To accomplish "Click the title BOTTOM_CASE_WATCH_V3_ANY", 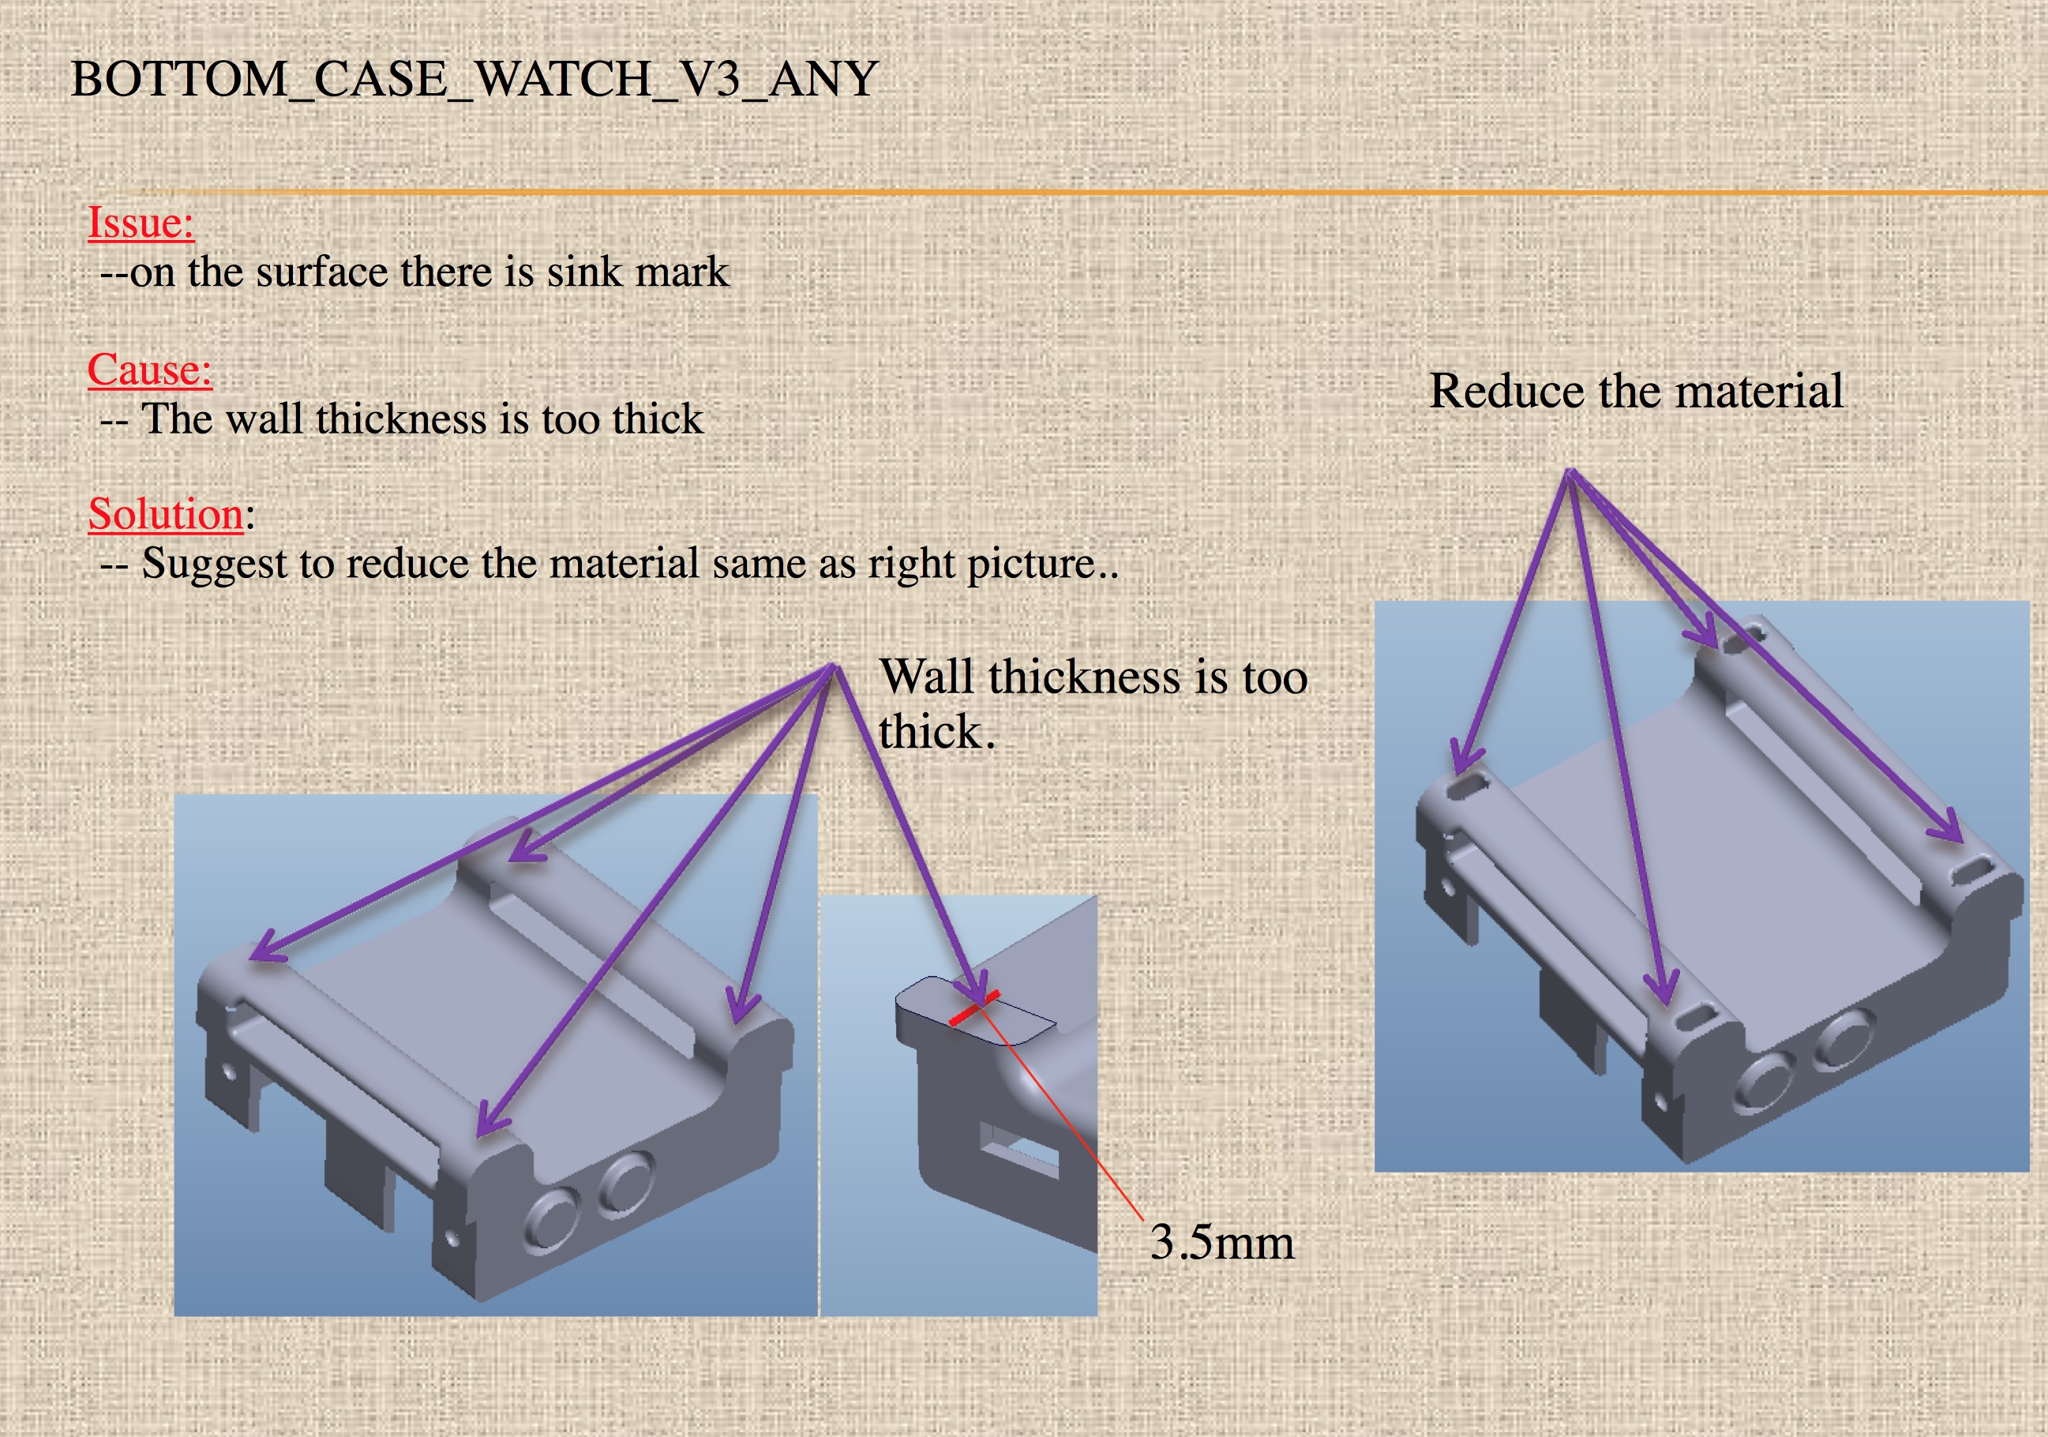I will pos(474,80).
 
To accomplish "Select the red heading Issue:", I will pos(140,222).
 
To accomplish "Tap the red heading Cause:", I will pos(149,370).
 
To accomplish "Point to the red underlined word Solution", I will pos(165,515).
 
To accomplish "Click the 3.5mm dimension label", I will pos(1221,1243).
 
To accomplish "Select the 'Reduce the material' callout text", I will pos(1636,391).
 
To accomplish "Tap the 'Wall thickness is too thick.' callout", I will pos(1092,704).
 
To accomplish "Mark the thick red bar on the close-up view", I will pos(973,1009).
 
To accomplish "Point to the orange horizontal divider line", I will pos(1071,192).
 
